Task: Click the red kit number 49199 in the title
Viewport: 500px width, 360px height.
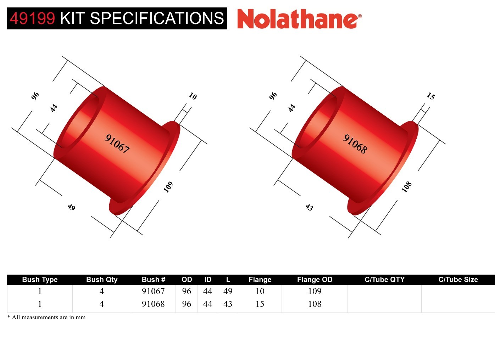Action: tap(32, 18)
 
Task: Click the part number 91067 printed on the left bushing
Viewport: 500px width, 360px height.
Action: tap(117, 144)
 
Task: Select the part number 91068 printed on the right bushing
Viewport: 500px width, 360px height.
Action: tap(355, 144)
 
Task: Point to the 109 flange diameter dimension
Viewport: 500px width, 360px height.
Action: tap(168, 186)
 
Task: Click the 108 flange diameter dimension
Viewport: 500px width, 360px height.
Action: tap(406, 186)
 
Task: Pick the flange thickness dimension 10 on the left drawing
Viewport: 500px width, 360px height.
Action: tap(193, 96)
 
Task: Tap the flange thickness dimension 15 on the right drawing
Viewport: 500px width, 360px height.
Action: tap(430, 96)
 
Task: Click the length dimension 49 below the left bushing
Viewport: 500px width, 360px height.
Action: tap(71, 207)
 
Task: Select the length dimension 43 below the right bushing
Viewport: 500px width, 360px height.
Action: tap(309, 207)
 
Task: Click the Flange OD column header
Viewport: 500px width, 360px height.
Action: tap(315, 280)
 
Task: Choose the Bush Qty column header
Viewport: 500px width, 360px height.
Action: tap(102, 280)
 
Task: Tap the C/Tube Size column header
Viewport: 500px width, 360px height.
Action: tap(458, 280)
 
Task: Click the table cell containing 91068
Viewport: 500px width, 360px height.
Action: tap(153, 304)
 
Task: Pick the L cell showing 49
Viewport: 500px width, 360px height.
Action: tap(228, 291)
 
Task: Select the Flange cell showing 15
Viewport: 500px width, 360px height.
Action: tap(260, 304)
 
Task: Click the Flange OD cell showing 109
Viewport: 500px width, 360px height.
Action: tap(315, 291)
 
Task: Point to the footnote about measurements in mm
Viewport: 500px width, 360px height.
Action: tap(46, 317)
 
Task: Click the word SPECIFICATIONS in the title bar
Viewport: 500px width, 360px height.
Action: tap(157, 18)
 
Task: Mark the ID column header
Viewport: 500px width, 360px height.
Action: tap(208, 280)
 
